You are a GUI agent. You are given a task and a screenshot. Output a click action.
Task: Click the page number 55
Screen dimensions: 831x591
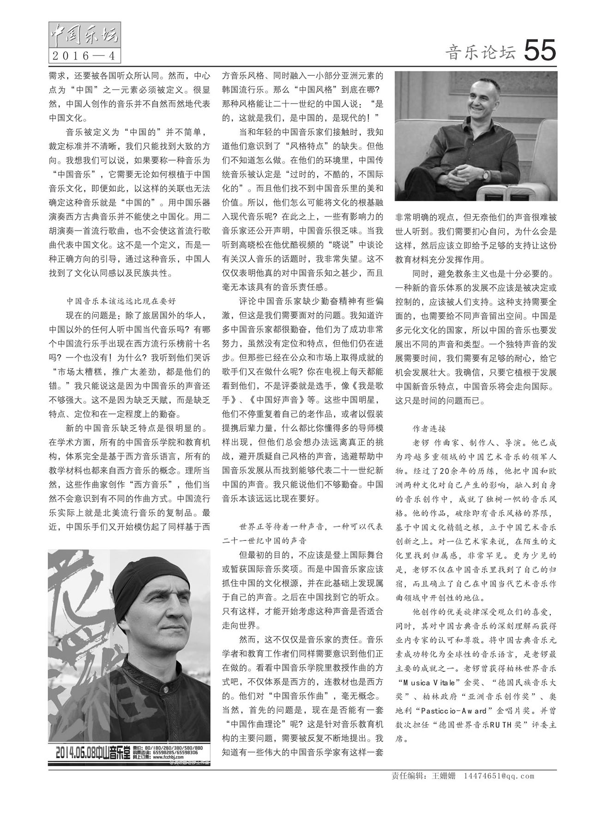click(540, 50)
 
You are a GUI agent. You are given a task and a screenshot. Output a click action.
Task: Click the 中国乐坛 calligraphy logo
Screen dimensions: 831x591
click(84, 35)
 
